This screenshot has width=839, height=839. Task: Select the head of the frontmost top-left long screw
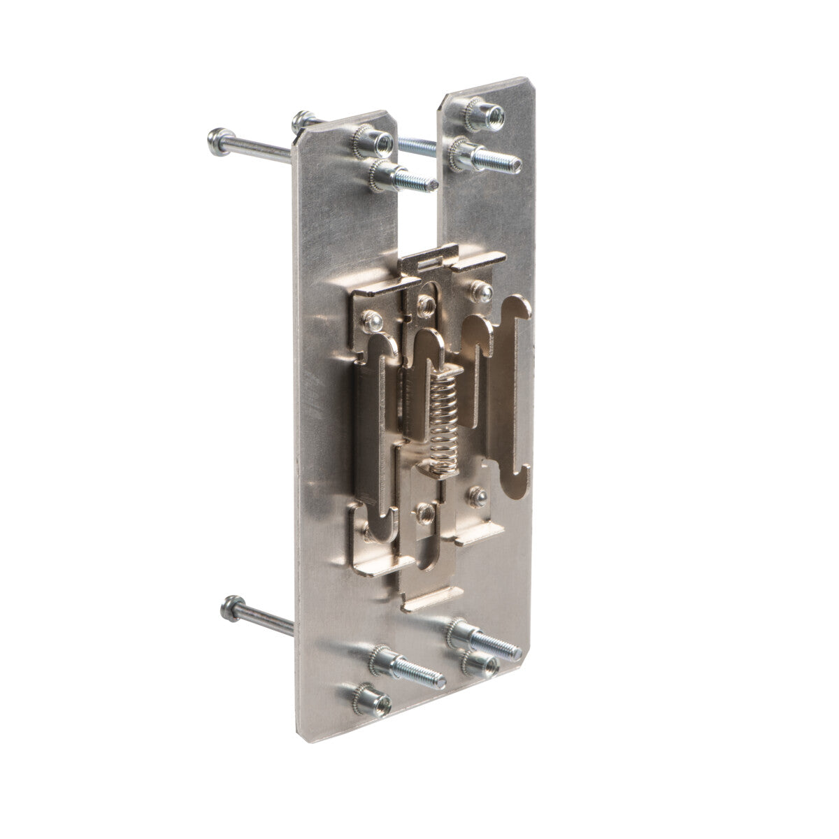tap(217, 142)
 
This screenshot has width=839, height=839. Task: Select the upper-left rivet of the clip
tap(373, 322)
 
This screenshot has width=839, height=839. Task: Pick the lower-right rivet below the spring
tap(478, 495)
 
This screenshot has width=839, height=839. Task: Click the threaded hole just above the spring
tap(424, 303)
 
